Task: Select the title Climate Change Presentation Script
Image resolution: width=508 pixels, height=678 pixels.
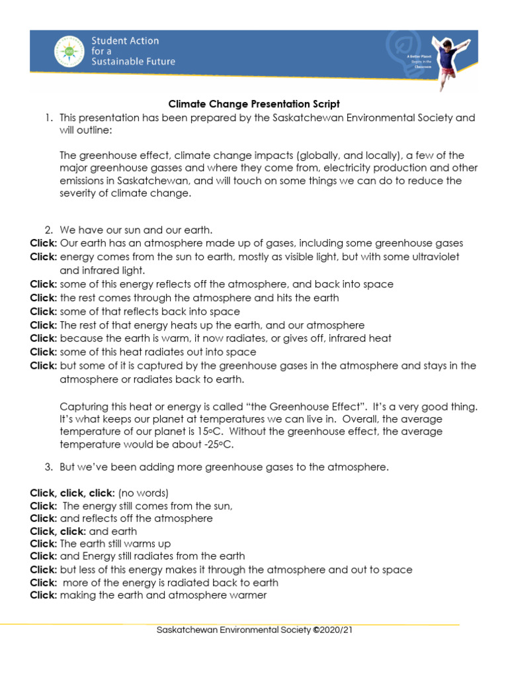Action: (254, 104)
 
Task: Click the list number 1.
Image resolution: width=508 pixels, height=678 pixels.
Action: (48, 118)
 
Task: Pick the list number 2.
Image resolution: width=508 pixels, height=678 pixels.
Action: (48, 230)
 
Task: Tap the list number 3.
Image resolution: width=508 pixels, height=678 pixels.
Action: (48, 467)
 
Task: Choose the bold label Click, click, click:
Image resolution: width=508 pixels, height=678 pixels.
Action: (73, 493)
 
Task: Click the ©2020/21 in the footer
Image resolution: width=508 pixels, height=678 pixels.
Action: (333, 630)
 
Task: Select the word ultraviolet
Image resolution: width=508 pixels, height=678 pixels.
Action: (434, 257)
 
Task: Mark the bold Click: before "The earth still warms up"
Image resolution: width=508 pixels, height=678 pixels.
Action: (44, 544)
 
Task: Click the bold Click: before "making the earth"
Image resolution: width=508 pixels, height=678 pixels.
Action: (44, 595)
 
